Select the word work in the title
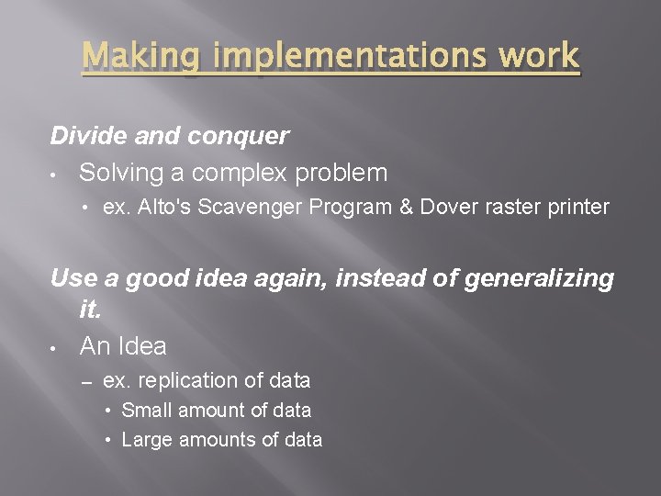542,57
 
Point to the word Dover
446,207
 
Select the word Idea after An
141,346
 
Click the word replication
184,380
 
